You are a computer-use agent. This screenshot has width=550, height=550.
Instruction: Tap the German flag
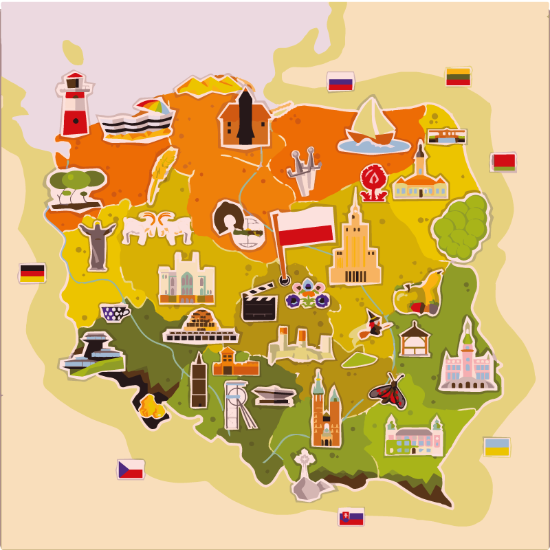(x=32, y=273)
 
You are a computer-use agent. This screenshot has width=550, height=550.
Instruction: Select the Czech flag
(x=131, y=469)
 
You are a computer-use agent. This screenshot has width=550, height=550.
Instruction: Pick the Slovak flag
(x=351, y=517)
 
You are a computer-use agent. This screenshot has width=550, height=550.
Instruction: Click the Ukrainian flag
(x=496, y=447)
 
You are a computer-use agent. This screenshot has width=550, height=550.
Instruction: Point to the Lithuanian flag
(x=458, y=76)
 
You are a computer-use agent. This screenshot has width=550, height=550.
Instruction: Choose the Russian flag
(x=340, y=82)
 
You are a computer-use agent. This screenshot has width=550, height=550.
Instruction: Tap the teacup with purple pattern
(x=115, y=313)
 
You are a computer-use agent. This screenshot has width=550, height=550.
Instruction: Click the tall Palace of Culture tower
(x=355, y=244)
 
